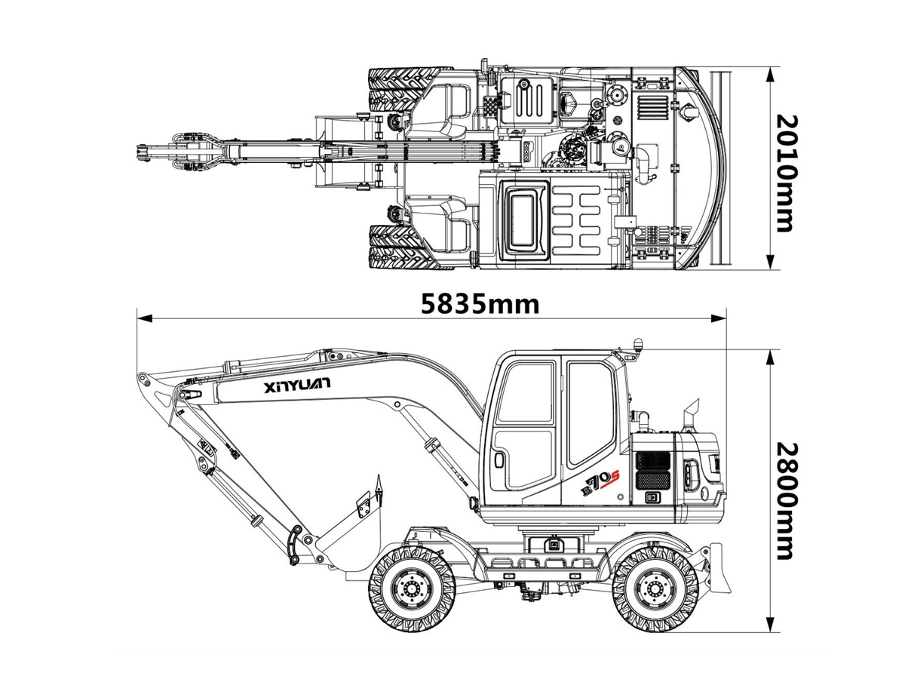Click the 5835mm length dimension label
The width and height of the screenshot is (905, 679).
[x=480, y=304]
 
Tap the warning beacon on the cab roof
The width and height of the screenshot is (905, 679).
[x=637, y=345]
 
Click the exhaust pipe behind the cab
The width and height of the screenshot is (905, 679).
[x=692, y=413]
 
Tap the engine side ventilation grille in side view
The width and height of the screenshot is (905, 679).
[x=652, y=469]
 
